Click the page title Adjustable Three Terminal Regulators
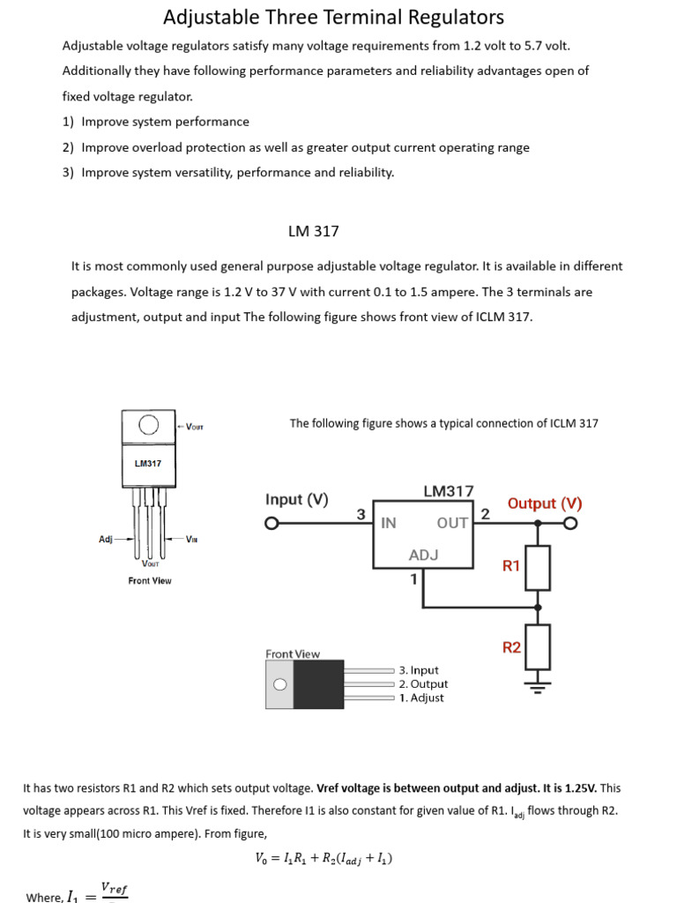click(x=334, y=17)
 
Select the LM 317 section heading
click(x=313, y=231)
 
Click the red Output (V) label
click(x=545, y=504)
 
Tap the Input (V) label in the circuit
click(x=297, y=499)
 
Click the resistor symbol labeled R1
click(x=539, y=567)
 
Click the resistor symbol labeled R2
click(x=539, y=646)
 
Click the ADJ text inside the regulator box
click(x=423, y=555)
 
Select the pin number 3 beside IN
click(x=361, y=513)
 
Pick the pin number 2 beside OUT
click(x=484, y=513)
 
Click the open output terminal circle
click(x=571, y=524)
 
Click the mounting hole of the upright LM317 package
click(x=149, y=426)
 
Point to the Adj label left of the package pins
click(x=106, y=539)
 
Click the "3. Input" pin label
click(x=419, y=670)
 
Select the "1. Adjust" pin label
click(x=421, y=698)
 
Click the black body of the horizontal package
click(x=318, y=684)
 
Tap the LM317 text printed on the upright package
click(x=148, y=463)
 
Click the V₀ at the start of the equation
click(x=261, y=858)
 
